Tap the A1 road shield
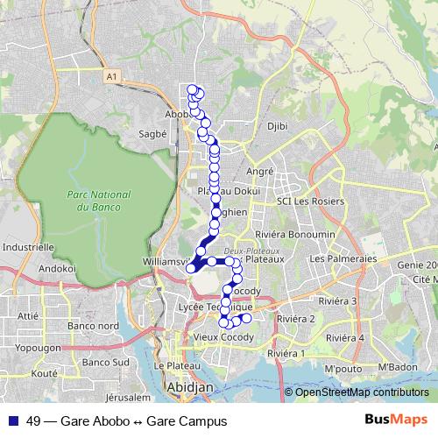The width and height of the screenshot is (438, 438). [110, 78]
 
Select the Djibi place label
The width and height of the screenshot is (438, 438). [277, 126]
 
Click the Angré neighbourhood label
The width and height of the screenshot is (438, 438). [260, 172]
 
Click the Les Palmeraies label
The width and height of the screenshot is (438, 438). [343, 259]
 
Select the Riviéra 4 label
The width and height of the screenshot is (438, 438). [344, 337]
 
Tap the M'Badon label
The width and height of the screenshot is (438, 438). [395, 366]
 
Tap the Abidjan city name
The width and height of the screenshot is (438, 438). [186, 386]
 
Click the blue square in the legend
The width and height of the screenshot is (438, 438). [12, 421]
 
